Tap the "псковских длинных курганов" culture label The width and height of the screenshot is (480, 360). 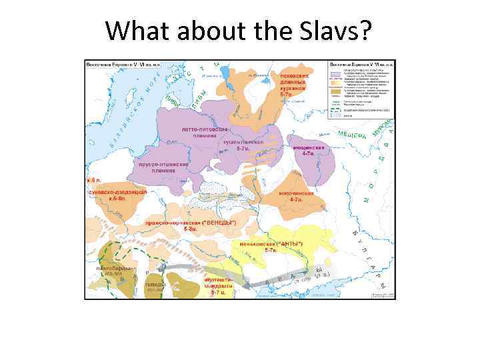[293, 83]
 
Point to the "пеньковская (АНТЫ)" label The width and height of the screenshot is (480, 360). [271, 246]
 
